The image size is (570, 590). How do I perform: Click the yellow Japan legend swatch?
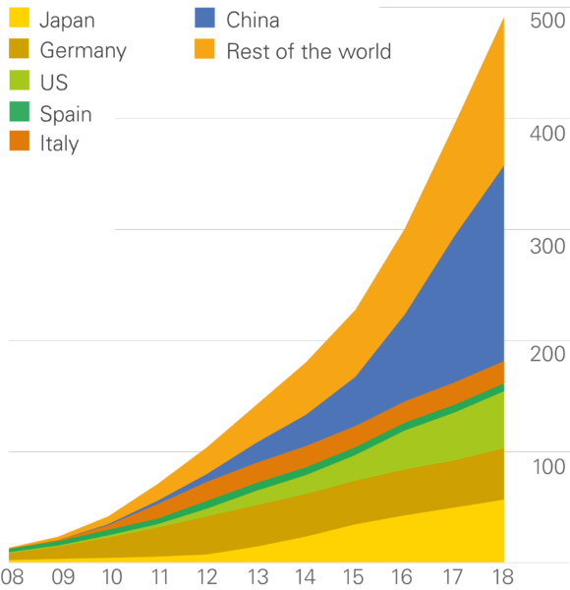20,18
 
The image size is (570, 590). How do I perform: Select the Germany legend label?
84,51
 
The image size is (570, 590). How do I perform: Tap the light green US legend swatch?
20,81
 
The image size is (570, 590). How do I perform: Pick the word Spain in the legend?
66,114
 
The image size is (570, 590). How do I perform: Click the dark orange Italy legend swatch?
20,141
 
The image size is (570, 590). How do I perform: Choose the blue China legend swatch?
205,18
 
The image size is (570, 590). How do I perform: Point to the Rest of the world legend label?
309,51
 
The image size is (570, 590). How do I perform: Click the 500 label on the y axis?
547,21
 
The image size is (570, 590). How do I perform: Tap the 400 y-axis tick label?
547,134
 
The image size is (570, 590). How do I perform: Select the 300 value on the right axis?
547,247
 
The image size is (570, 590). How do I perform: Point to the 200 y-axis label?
547,354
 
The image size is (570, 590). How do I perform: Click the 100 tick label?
549,467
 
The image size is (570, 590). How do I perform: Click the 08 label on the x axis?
12,577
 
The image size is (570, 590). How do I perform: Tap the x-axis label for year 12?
206,577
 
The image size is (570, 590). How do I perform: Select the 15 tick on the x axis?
354,577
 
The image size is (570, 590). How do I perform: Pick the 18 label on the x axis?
503,577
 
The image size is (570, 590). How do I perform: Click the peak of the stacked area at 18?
503,18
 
